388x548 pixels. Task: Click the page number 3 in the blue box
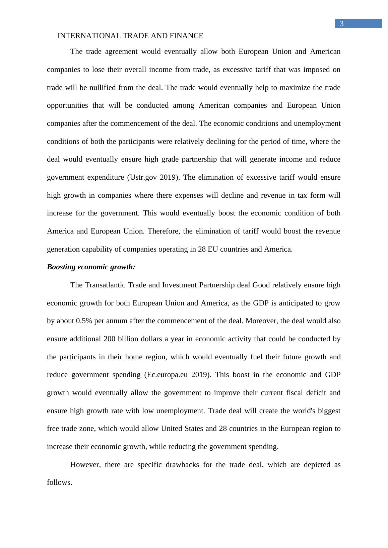[341, 24]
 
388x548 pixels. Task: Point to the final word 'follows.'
[60, 482]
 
